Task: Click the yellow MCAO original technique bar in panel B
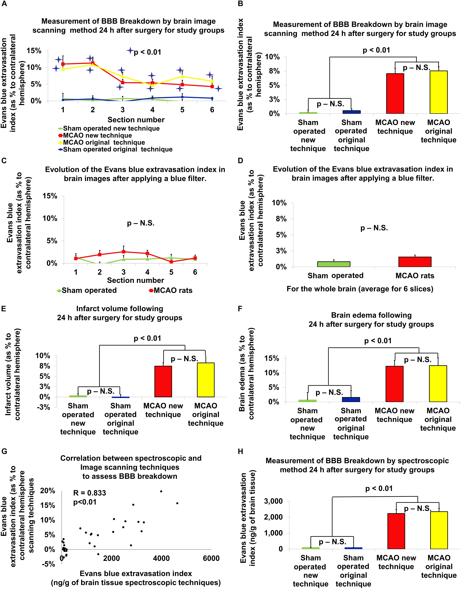point(438,92)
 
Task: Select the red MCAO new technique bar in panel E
point(163,381)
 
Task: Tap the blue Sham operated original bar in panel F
point(351,399)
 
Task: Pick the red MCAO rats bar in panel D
point(415,262)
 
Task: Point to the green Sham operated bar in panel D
point(334,264)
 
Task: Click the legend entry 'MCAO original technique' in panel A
point(104,142)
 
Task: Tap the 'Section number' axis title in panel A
point(136,120)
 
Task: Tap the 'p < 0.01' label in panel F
point(378,341)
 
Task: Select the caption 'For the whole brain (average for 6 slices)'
point(360,289)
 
